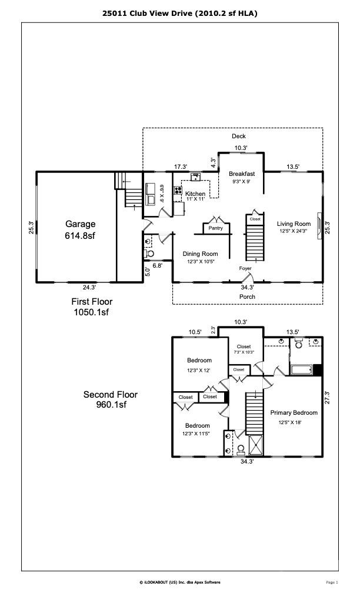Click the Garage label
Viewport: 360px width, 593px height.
(80, 224)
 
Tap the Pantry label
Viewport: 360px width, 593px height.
(215, 228)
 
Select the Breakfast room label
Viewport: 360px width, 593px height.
(242, 174)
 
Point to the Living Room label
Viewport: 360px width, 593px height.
(294, 224)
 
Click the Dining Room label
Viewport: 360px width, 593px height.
(200, 254)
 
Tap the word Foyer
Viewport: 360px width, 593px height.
(245, 268)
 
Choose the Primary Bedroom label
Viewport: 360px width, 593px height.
(294, 412)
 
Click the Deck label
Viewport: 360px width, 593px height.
(239, 136)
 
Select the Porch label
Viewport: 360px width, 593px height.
(247, 297)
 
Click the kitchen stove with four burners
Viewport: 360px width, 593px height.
(178, 190)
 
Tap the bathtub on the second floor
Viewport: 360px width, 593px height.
(301, 369)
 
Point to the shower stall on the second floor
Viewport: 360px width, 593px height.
(256, 445)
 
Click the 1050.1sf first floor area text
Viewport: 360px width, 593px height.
(92, 312)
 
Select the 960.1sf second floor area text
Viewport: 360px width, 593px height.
(111, 405)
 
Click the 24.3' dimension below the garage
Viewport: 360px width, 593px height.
(89, 288)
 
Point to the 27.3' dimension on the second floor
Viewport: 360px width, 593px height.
(328, 398)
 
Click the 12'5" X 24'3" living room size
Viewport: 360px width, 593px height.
(294, 231)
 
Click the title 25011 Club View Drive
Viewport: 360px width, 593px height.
(148, 14)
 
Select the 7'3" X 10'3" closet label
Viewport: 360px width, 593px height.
(244, 352)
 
